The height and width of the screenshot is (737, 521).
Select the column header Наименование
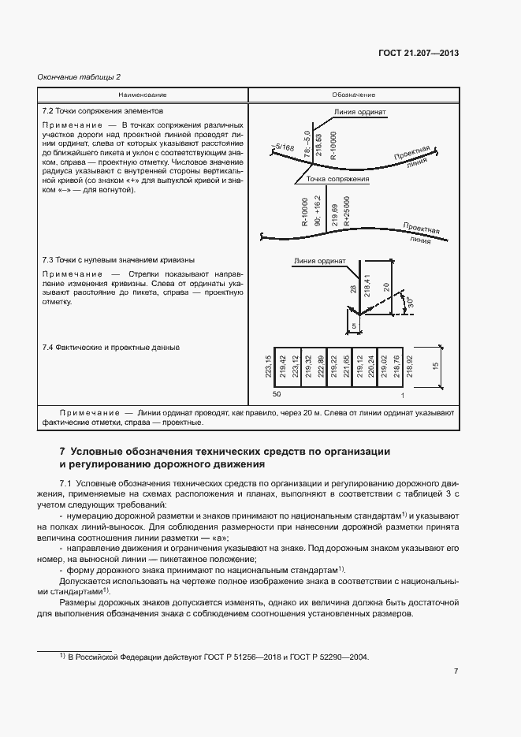[143, 95]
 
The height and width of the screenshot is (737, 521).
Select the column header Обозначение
[354, 95]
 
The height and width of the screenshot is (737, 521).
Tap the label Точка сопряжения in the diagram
[338, 180]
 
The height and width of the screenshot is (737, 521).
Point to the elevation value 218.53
[318, 146]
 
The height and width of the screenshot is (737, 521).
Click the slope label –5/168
[281, 147]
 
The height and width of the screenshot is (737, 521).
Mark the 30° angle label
[407, 303]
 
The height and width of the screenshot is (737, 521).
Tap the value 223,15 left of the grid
[268, 368]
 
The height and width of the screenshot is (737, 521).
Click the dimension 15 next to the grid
[435, 368]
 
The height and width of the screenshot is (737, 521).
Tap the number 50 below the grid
[277, 393]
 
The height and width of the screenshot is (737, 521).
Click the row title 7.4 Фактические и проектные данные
[111, 348]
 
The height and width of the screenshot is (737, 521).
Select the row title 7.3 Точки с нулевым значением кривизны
[117, 259]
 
